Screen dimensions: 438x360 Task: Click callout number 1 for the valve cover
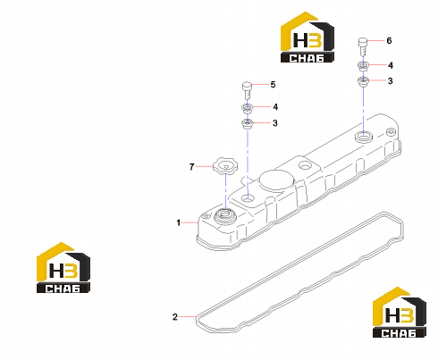(x=178, y=222)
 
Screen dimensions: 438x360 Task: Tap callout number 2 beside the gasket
(x=175, y=317)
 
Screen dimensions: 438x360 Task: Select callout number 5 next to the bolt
(x=273, y=85)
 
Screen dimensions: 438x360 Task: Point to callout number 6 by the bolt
(x=389, y=40)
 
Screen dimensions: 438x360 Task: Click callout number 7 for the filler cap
(x=192, y=167)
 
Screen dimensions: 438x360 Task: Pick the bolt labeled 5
(x=247, y=91)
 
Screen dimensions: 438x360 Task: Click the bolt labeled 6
(x=363, y=46)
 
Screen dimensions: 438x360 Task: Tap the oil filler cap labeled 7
(x=225, y=166)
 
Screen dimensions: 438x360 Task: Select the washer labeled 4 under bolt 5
(x=247, y=108)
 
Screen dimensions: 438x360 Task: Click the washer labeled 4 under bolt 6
(x=363, y=66)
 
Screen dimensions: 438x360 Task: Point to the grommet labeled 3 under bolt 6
(x=363, y=81)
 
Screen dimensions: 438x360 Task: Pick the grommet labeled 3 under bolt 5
(x=247, y=123)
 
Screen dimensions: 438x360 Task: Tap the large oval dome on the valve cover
(x=276, y=180)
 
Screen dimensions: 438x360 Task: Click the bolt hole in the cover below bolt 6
(x=364, y=137)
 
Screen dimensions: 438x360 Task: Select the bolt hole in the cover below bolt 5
(x=248, y=197)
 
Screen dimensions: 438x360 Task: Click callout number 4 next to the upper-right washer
(x=391, y=65)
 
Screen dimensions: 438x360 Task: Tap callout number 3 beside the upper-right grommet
(x=390, y=80)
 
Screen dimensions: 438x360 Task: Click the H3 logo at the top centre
(x=307, y=38)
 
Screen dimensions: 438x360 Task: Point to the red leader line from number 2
(x=187, y=316)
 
